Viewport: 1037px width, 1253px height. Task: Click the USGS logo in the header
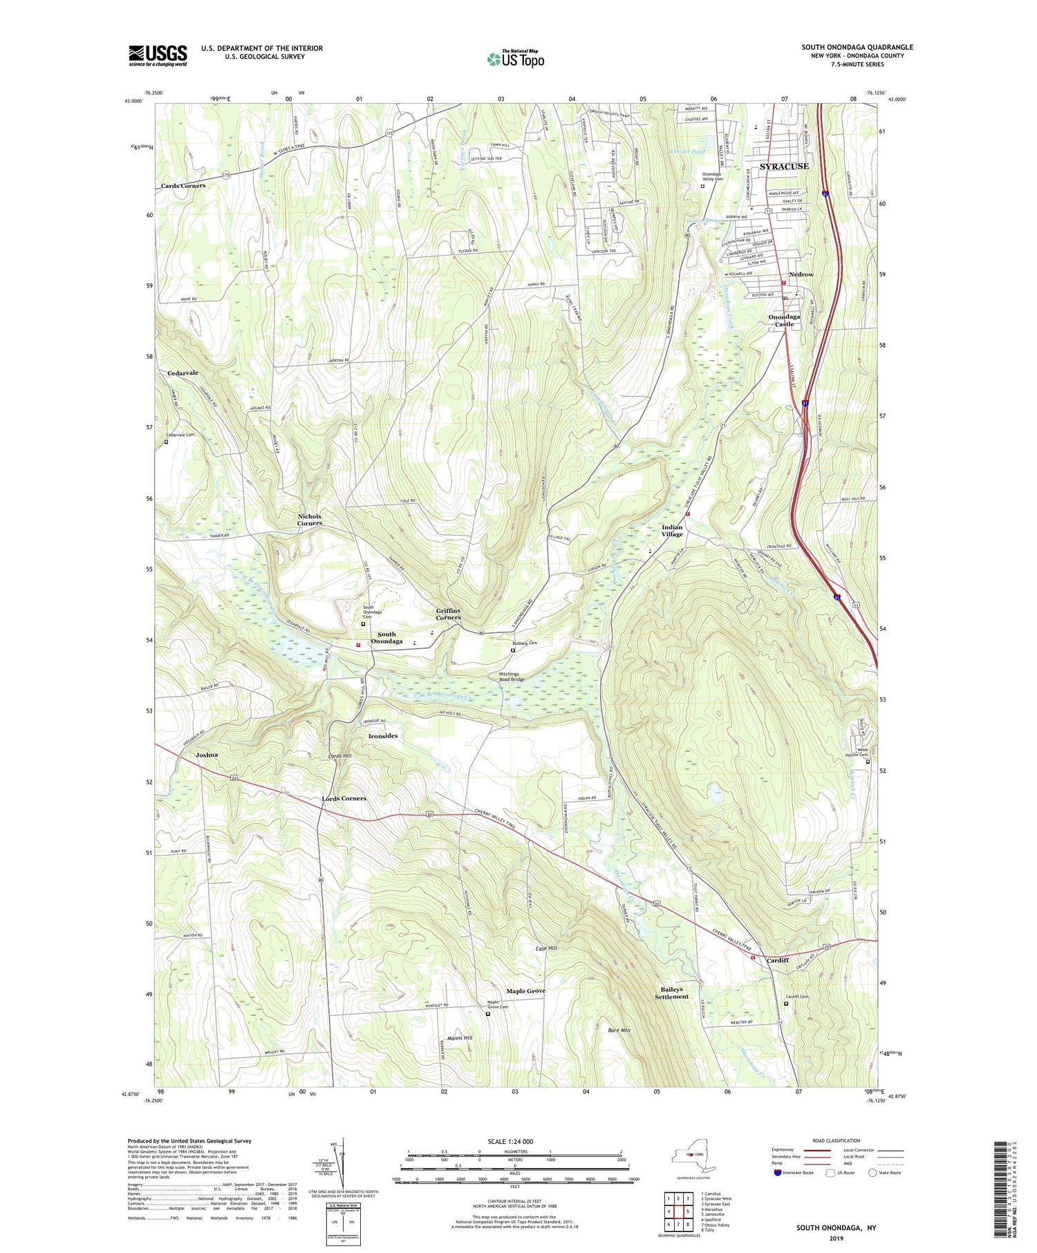coord(158,55)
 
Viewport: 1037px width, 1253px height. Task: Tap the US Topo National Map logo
coord(515,59)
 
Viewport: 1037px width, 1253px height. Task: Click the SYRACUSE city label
coord(784,167)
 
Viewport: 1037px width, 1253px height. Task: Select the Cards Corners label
coord(183,186)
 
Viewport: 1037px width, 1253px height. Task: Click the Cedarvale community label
coord(183,373)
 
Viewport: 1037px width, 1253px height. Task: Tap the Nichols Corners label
coord(310,520)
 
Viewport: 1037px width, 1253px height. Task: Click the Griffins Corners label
coord(448,614)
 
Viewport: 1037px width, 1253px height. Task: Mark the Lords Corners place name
coord(344,798)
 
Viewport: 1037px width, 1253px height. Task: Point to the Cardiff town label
coord(777,961)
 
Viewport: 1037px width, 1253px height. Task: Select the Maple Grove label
coord(525,991)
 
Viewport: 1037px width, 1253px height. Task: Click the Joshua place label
coord(207,755)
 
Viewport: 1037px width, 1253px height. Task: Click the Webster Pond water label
coord(686,151)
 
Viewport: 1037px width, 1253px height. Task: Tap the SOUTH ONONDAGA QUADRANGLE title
coord(857,47)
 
